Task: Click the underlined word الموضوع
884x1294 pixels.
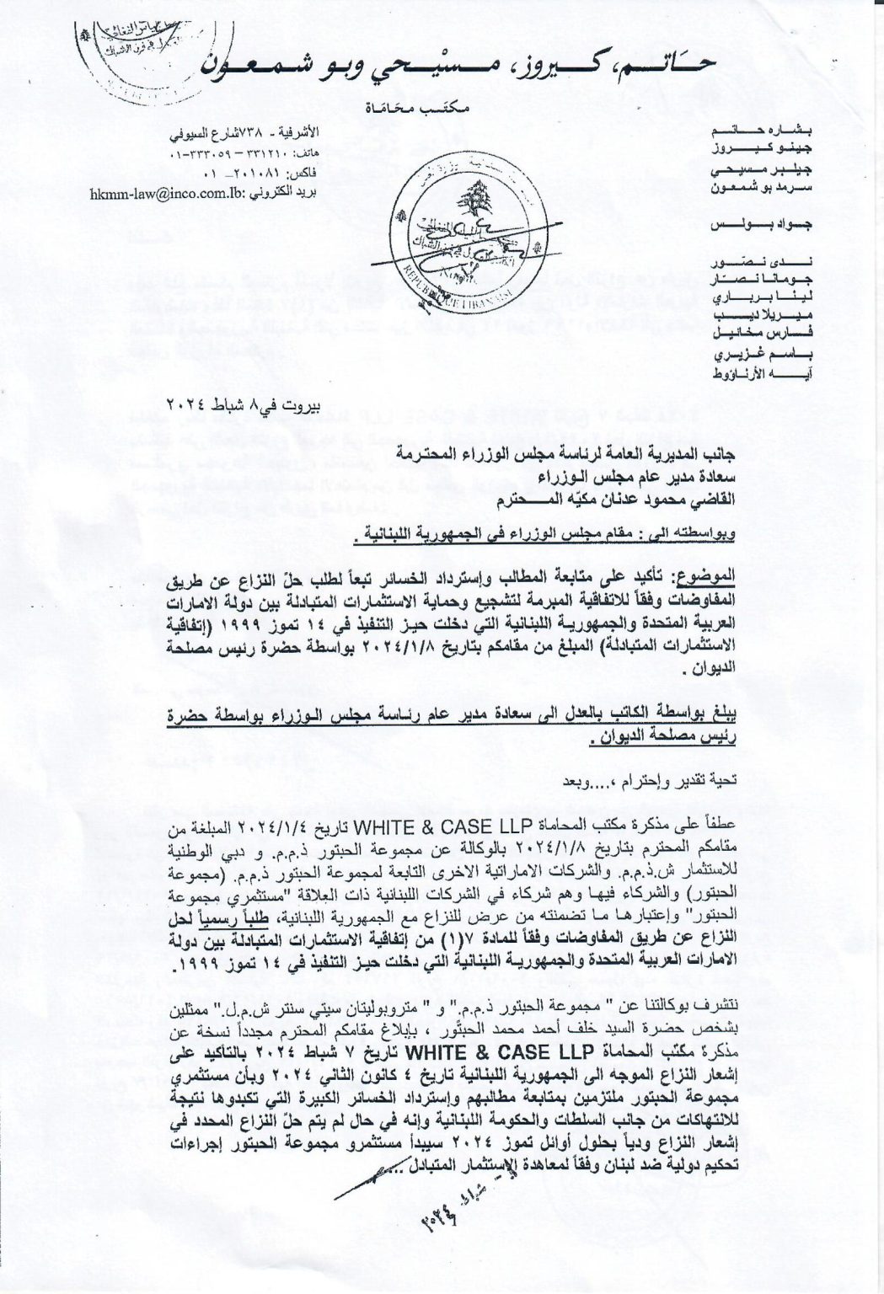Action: [x=705, y=582]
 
